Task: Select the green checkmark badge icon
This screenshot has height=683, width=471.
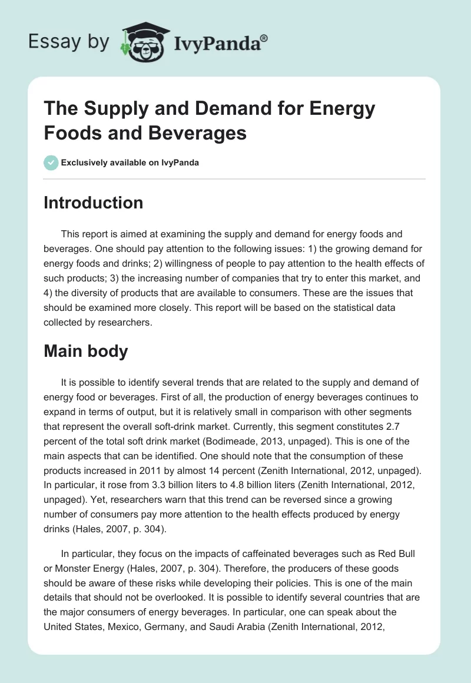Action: coord(51,163)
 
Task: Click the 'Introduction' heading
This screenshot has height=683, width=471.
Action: coord(93,203)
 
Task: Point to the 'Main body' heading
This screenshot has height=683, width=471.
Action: coord(86,351)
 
